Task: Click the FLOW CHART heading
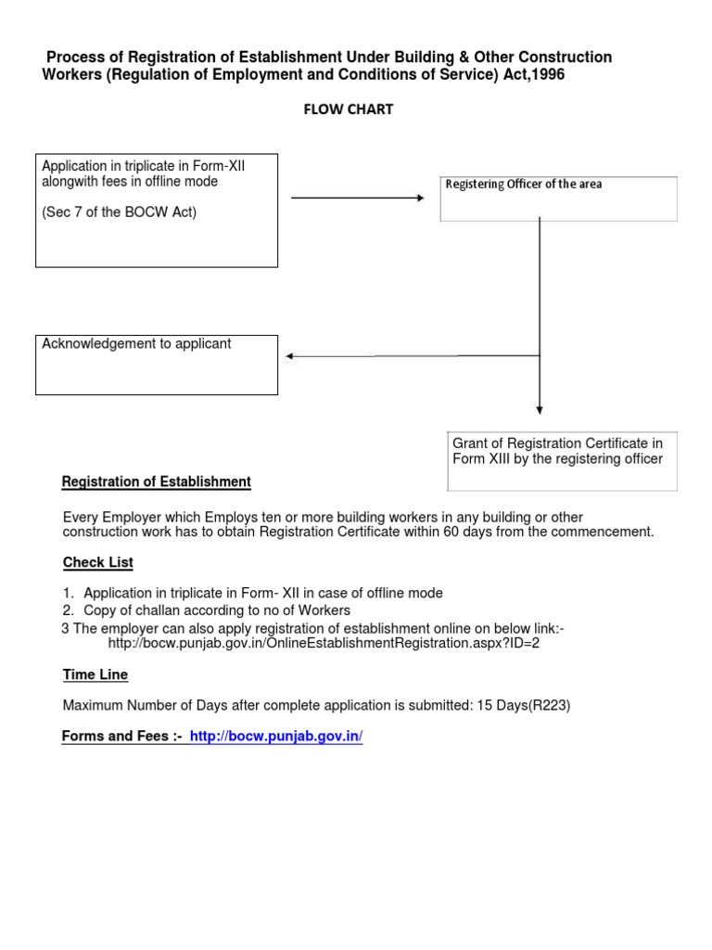[x=349, y=109]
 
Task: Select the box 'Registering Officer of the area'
[x=558, y=199]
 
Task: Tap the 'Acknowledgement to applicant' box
[x=156, y=365]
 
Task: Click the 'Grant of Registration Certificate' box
[x=563, y=460]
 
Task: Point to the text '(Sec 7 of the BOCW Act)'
[x=120, y=212]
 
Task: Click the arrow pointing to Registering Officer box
[x=358, y=198]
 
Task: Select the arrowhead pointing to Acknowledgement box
[x=290, y=356]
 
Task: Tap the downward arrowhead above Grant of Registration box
[x=540, y=408]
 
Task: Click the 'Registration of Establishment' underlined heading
[x=156, y=481]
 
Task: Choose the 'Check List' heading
[x=98, y=562]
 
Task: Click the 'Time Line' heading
[x=95, y=674]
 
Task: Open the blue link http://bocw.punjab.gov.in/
[x=276, y=737]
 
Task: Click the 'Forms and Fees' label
[x=120, y=737]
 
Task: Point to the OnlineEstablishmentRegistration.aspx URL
[x=324, y=643]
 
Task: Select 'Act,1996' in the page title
[x=530, y=74]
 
